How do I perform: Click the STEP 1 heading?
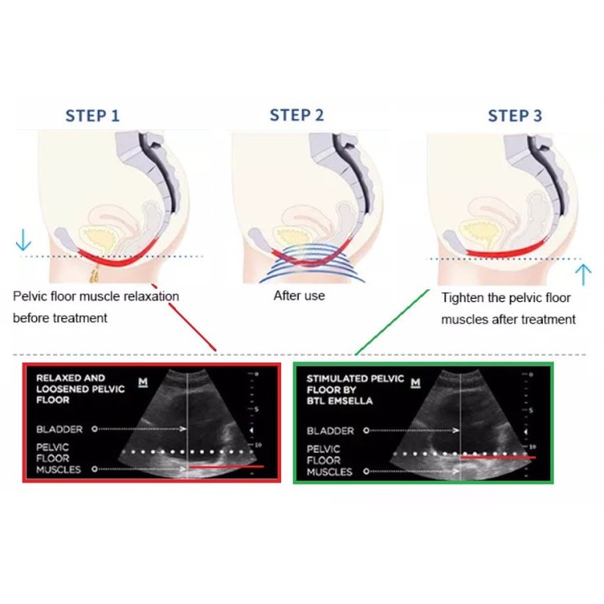click(x=92, y=116)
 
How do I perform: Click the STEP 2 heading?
click(x=297, y=115)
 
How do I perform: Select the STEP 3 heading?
click(x=515, y=116)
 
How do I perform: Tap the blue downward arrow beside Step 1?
click(x=23, y=240)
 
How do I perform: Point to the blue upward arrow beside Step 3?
click(x=583, y=274)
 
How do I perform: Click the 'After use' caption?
click(x=299, y=296)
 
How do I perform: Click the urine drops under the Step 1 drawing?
click(x=94, y=273)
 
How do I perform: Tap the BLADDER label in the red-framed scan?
click(x=60, y=430)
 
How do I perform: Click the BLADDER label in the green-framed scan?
click(x=331, y=430)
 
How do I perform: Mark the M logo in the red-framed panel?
click(x=143, y=383)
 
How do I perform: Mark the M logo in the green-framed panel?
click(x=415, y=383)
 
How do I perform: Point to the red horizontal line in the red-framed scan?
click(x=226, y=467)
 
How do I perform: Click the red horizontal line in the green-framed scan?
click(x=498, y=458)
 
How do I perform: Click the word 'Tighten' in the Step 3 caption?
click(x=462, y=298)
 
